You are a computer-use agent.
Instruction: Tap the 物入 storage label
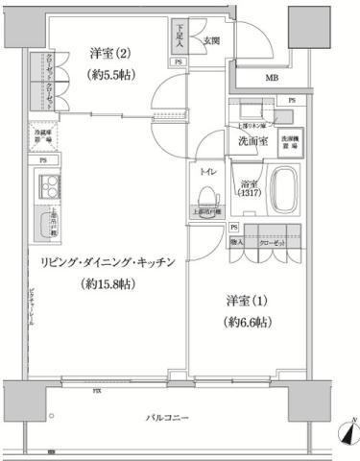pos(239,245)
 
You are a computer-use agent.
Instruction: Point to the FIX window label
pos(97,392)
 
